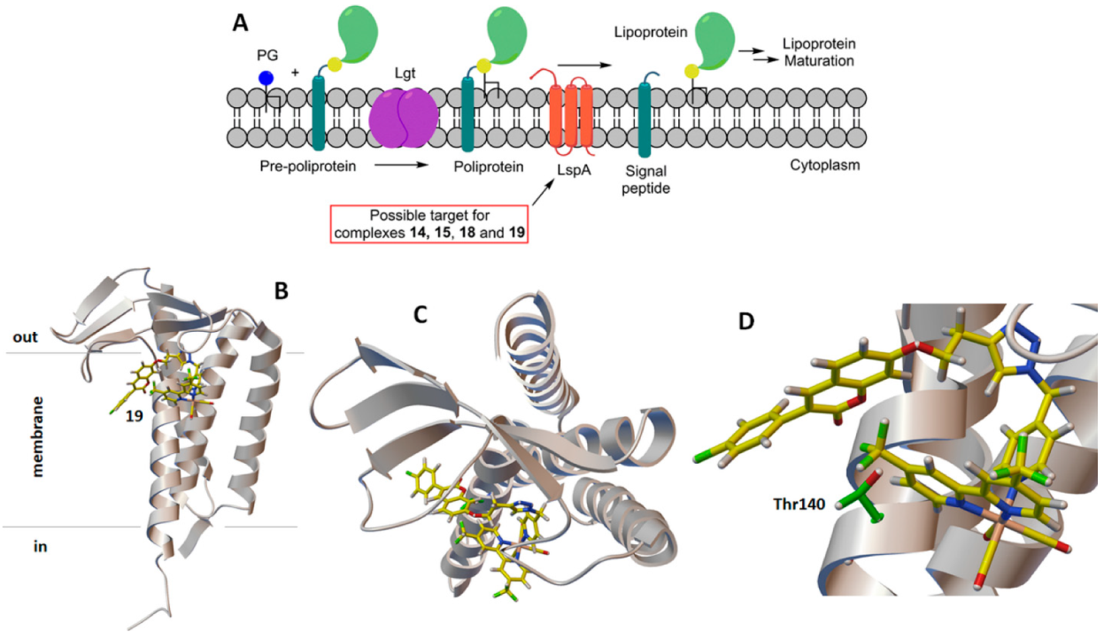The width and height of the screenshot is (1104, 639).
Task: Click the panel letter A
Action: click(x=240, y=24)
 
